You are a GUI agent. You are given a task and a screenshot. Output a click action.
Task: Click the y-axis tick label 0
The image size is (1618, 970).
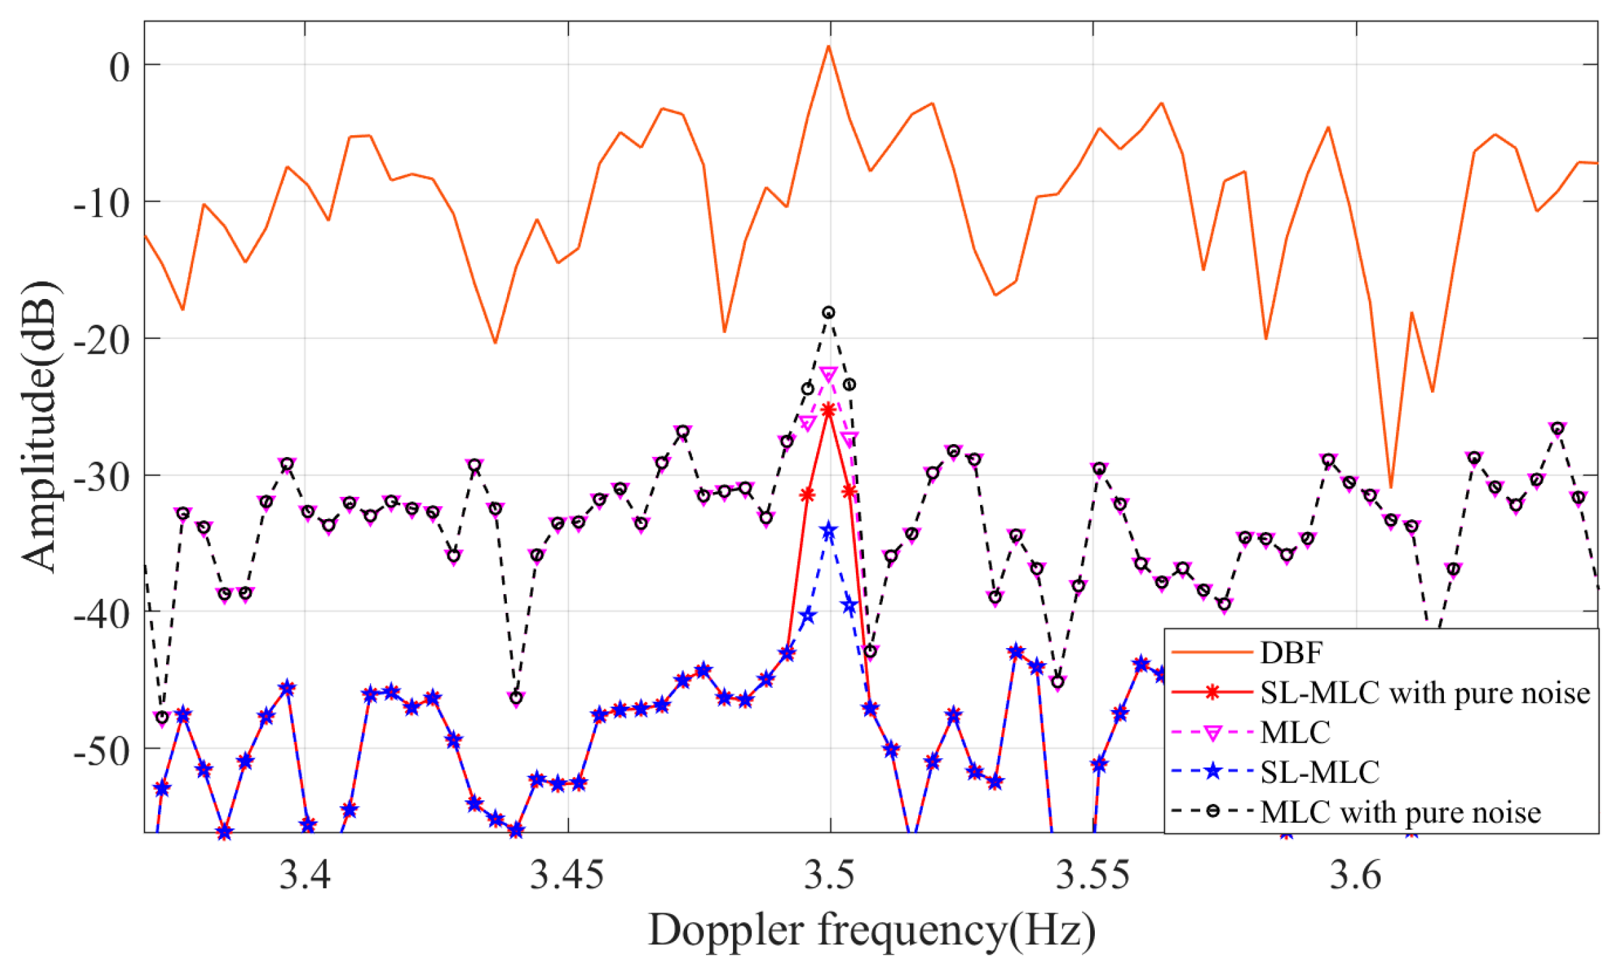coord(119,68)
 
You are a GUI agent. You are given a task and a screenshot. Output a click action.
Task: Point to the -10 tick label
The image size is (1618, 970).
coord(101,203)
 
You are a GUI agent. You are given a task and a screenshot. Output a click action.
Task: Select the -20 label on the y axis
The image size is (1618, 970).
coord(101,341)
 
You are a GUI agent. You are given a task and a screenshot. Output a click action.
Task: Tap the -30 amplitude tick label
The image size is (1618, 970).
coord(101,478)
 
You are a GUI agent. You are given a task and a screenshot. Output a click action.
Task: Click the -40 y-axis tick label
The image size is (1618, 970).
coord(101,615)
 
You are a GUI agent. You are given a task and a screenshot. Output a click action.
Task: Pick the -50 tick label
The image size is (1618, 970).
coord(101,752)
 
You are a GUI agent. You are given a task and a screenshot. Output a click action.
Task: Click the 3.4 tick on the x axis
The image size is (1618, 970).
coord(304,875)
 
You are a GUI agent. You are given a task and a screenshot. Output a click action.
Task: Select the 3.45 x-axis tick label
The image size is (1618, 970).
coord(567,875)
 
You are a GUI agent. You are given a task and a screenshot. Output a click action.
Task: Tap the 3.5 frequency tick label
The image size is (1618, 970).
coord(830,875)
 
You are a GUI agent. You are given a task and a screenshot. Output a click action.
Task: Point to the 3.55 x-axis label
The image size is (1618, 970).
coord(1092,875)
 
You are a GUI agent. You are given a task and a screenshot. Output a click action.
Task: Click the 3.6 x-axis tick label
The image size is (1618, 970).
coord(1355,875)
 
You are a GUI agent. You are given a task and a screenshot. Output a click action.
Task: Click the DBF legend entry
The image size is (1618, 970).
coord(1291,653)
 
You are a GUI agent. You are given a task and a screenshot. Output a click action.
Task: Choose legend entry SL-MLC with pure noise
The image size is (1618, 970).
coord(1425,693)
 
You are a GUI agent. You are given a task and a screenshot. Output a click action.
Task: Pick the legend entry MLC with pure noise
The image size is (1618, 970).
coord(1401,813)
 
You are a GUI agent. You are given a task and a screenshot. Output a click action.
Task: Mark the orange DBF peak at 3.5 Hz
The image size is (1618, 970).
coord(828,46)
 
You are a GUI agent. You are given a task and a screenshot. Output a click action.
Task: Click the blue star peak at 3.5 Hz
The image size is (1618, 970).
coord(828,532)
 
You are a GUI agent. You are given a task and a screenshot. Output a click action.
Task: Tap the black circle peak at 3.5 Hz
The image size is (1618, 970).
coord(828,313)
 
